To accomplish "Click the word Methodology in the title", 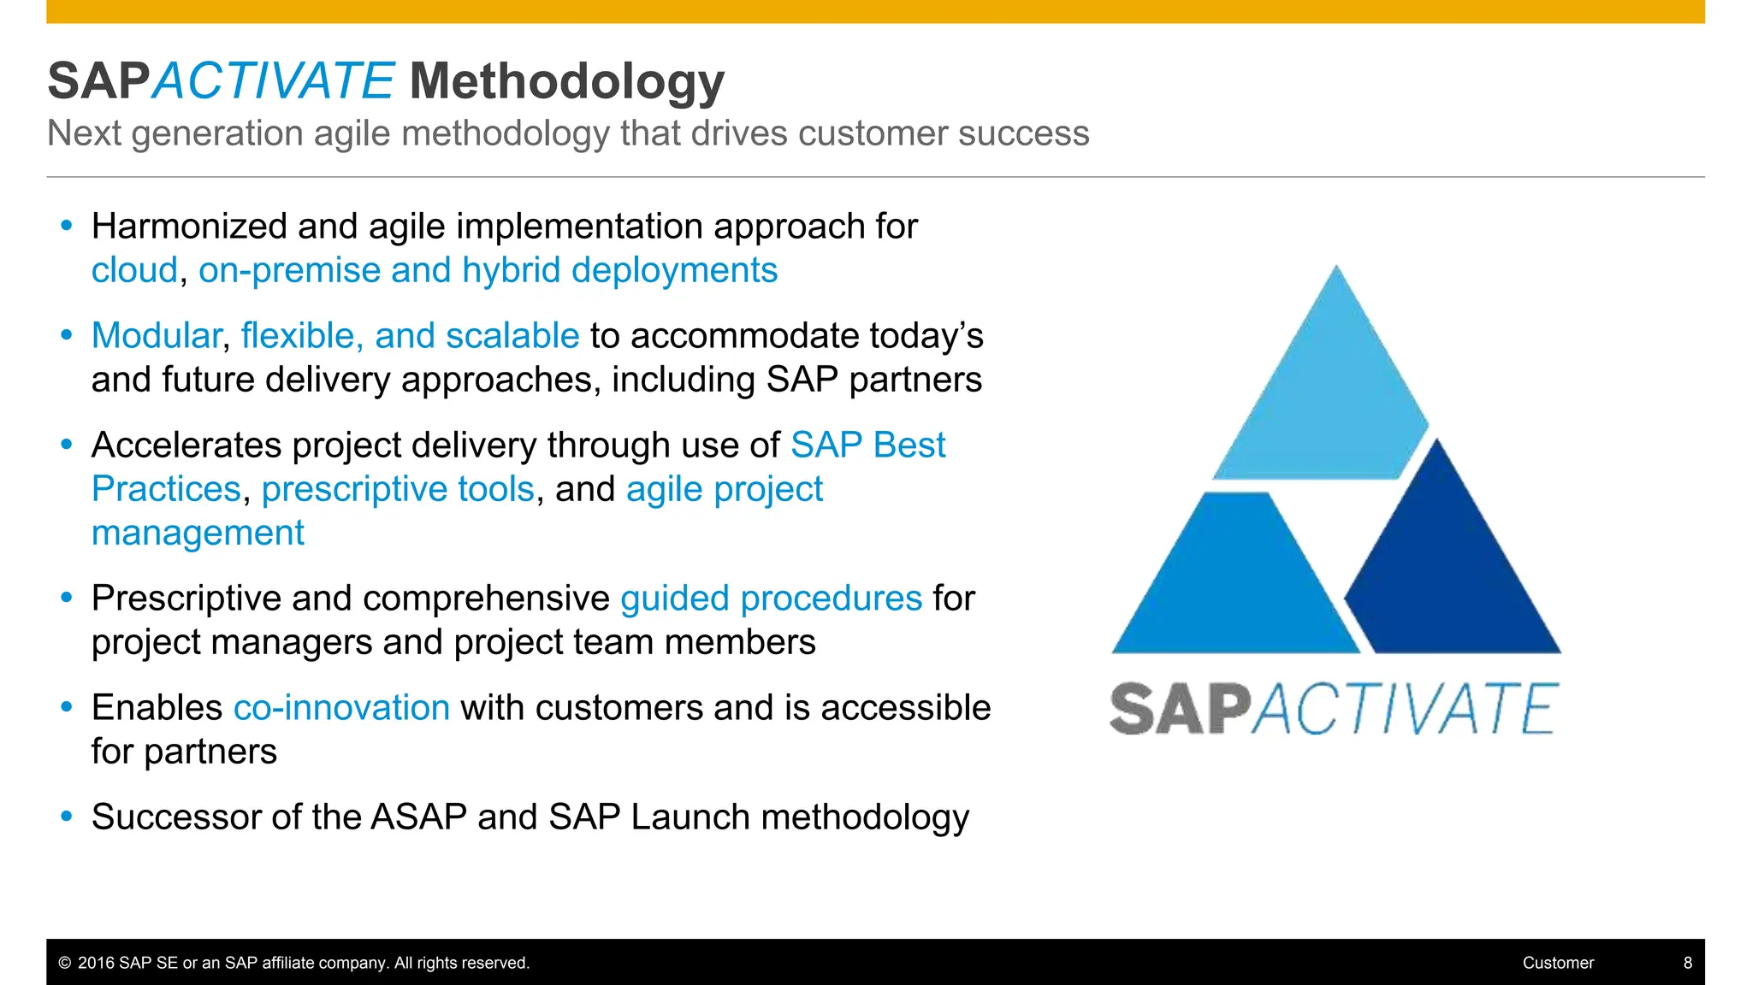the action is click(x=567, y=82).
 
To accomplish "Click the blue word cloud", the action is click(x=135, y=270).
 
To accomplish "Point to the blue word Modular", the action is click(x=157, y=336).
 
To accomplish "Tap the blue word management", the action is click(x=198, y=534).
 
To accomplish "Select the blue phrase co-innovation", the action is click(x=341, y=708).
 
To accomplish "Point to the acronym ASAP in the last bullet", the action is click(x=418, y=817).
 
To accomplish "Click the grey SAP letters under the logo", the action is click(x=1181, y=709).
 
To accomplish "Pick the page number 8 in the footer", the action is click(x=1688, y=963).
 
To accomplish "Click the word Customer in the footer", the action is click(x=1558, y=963).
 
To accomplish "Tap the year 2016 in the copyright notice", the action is click(x=97, y=963).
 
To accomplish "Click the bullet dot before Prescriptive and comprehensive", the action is click(x=67, y=598).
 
